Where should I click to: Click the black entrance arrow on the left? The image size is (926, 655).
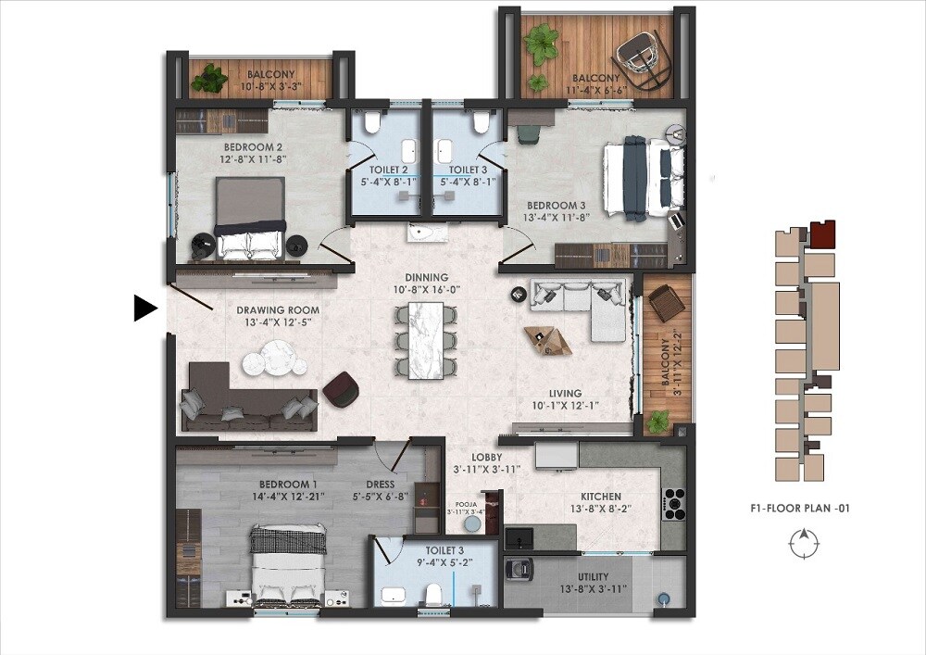pyautogui.click(x=145, y=308)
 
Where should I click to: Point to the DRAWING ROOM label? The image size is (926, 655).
pyautogui.click(x=277, y=310)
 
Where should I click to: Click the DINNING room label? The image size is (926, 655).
pyautogui.click(x=426, y=277)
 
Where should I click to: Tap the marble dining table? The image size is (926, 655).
pyautogui.click(x=426, y=340)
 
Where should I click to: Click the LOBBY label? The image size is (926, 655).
pyautogui.click(x=486, y=457)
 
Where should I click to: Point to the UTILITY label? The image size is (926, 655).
pyautogui.click(x=594, y=578)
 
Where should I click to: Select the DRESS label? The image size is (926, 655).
pyautogui.click(x=380, y=485)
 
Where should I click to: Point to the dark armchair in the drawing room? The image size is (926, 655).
pyautogui.click(x=342, y=388)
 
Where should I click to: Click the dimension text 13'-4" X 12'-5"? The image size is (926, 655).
pyautogui.click(x=277, y=322)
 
